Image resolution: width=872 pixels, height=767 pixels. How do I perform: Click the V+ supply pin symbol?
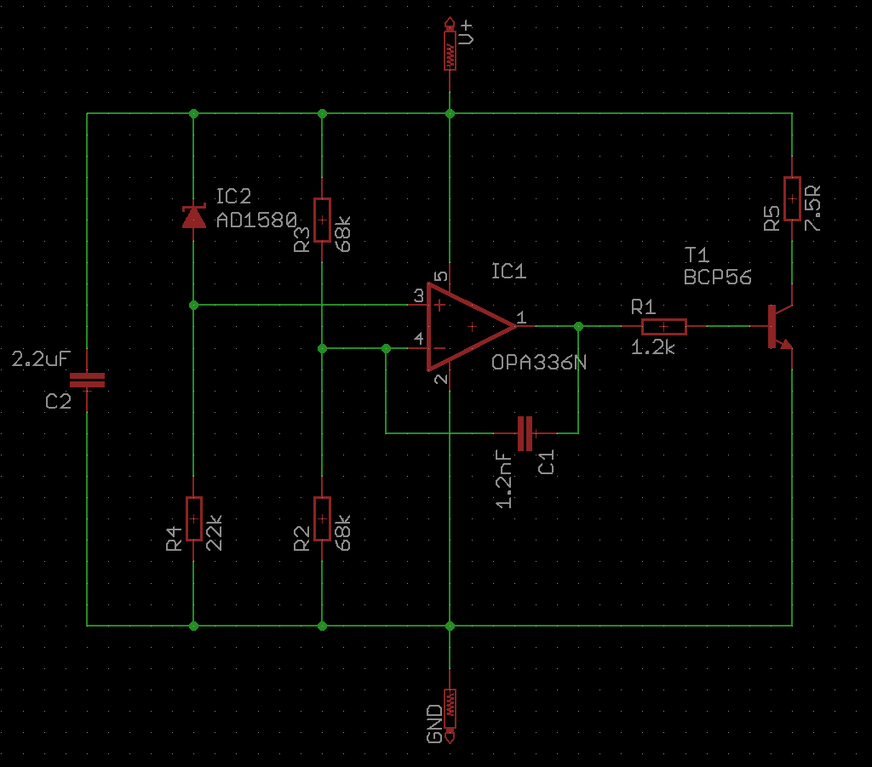pos(450,44)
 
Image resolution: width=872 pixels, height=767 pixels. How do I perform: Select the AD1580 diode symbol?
pos(193,216)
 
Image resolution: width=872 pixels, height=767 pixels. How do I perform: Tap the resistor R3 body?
pos(322,220)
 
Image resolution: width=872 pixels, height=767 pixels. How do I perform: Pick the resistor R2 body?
pos(322,518)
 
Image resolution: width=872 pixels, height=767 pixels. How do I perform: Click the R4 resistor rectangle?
pos(193,518)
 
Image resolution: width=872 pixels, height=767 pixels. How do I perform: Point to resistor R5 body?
pos(792,199)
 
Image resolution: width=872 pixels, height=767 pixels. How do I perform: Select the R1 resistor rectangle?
pos(664,327)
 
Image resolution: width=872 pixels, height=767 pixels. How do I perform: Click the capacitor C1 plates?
pos(525,433)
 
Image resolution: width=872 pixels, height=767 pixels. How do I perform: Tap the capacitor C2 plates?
pos(88,381)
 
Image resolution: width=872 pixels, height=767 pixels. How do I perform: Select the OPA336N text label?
pos(539,363)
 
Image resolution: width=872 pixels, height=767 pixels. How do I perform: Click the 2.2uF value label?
pos(41,359)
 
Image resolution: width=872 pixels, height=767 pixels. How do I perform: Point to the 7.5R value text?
pos(812,208)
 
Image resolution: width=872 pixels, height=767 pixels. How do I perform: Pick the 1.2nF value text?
pos(504,479)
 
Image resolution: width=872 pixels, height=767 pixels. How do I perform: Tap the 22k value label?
pos(214,532)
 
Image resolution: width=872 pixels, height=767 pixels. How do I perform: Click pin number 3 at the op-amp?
pos(419,296)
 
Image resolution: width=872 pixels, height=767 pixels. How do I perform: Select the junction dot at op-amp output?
pos(578,326)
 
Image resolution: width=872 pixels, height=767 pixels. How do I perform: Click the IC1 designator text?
pos(508,272)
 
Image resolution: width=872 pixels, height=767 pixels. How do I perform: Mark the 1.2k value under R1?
pos(653,348)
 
